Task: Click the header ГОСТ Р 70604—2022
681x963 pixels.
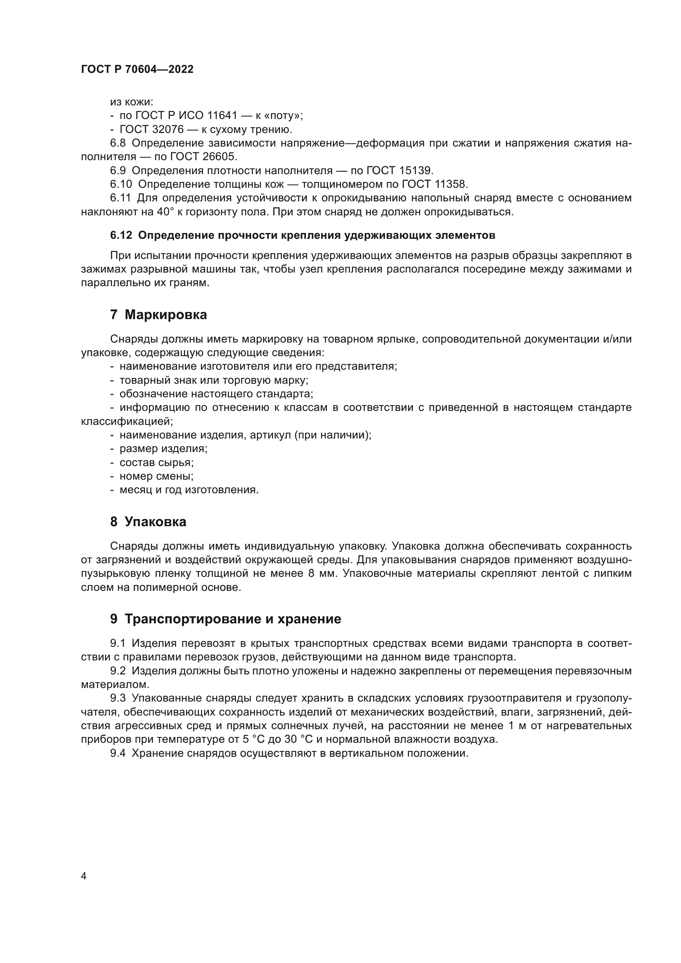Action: pyautogui.click(x=137, y=70)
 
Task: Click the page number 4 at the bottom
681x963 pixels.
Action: pyautogui.click(x=84, y=876)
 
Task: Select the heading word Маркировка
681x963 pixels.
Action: pyautogui.click(x=166, y=315)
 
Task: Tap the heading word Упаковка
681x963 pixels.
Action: pyautogui.click(x=156, y=522)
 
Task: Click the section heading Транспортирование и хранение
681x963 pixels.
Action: pyautogui.click(x=233, y=619)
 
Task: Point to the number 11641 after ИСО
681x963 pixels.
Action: pyautogui.click(x=223, y=115)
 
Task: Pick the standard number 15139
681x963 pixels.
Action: pyautogui.click(x=415, y=171)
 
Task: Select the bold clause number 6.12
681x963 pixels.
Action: pyautogui.click(x=121, y=236)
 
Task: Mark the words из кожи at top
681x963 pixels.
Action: pyautogui.click(x=132, y=102)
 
